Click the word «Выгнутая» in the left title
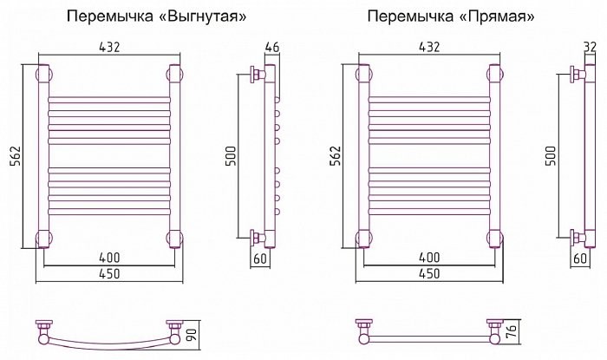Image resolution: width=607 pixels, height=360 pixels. (203, 16)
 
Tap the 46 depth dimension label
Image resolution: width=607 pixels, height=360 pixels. (271, 47)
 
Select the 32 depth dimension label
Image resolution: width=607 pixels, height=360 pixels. (590, 47)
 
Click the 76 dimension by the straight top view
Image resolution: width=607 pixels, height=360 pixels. (512, 333)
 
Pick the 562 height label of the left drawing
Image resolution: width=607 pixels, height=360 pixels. (16, 156)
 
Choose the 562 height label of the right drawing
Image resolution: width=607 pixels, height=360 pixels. (336, 156)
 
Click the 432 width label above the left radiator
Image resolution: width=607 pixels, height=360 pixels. (109, 47)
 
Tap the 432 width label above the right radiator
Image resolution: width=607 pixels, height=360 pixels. (429, 47)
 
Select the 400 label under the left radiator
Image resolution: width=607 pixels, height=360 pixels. (109, 258)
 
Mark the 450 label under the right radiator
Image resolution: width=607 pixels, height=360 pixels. (429, 273)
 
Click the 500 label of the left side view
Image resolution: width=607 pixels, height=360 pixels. (231, 155)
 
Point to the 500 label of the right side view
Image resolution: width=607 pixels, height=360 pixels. (551, 155)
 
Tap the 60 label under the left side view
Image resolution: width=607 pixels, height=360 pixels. (260, 259)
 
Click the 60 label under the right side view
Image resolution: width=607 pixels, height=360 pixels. (580, 259)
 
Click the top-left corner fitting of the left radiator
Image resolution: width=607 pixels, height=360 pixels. (43, 74)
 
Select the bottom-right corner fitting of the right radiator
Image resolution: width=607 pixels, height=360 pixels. (496, 239)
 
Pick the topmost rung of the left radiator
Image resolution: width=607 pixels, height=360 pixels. (109, 100)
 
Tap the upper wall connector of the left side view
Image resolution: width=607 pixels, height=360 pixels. (258, 74)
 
